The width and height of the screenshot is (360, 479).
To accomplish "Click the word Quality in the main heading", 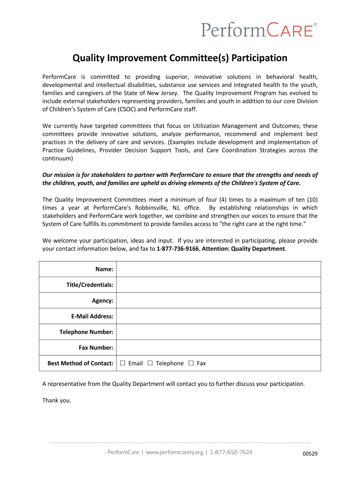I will [x=88, y=58].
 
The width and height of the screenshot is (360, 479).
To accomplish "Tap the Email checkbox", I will [x=122, y=363].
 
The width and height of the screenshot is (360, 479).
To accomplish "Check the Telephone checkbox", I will [x=151, y=363].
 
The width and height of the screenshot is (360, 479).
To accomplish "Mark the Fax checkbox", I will [x=191, y=363].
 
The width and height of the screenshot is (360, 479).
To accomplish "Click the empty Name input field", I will [x=218, y=269].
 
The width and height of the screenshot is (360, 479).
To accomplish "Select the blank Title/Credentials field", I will [x=218, y=285].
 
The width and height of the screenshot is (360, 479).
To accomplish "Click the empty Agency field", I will [x=218, y=300].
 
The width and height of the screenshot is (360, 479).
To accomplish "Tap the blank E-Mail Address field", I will [x=218, y=316].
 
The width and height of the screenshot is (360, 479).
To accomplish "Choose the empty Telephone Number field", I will [x=218, y=332].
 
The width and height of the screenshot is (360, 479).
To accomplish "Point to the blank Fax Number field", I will [x=218, y=348].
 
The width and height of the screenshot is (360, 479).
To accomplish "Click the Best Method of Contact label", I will [x=80, y=363].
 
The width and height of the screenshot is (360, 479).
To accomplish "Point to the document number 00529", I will [x=310, y=454].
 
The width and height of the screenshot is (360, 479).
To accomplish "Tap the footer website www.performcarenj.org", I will [x=175, y=452].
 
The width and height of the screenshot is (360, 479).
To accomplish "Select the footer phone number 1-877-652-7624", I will [x=231, y=452].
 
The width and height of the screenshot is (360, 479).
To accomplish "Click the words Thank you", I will [x=57, y=400].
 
